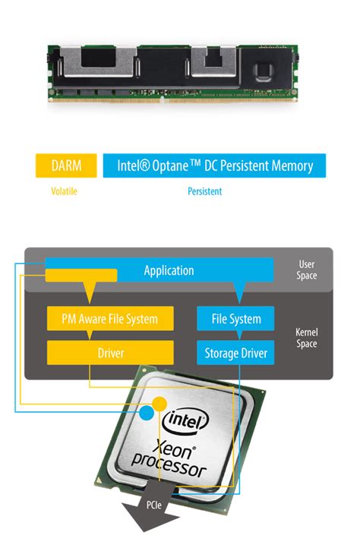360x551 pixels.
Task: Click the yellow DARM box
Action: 67,165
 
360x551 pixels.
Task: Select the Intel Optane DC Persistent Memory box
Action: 214,165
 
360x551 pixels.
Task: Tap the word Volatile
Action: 64,191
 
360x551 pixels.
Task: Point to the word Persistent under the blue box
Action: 205,191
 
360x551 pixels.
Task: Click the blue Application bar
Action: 169,270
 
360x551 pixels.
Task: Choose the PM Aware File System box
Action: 111,319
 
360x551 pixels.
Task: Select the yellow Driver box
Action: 111,353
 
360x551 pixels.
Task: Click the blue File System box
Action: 235,319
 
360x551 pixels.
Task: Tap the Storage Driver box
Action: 235,353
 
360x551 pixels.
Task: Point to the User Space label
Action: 307,270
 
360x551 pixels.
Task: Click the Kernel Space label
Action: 306,337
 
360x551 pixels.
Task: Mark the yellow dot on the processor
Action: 160,401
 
